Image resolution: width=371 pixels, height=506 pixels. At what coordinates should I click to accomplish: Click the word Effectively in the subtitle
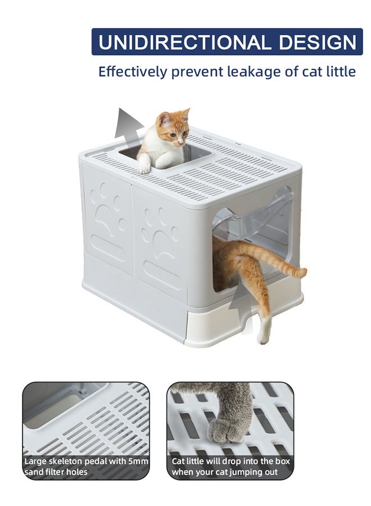point(133,72)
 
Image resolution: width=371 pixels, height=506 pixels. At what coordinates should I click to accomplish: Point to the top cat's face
point(175,133)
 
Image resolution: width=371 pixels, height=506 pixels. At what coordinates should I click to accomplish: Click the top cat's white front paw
point(144,167)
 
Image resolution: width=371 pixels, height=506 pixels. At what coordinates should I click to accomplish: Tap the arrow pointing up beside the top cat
point(128,124)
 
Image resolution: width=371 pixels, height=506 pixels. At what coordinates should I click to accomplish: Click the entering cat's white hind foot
point(263,335)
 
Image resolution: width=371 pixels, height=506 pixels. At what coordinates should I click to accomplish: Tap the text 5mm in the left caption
point(137,462)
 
